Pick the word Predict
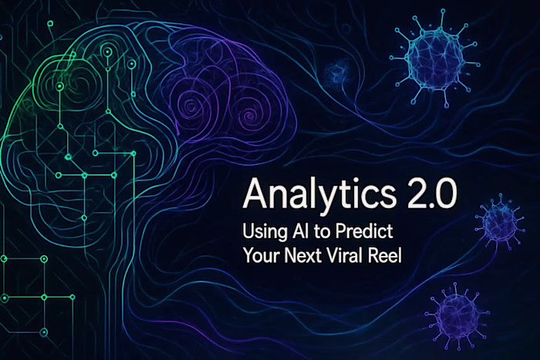tap(356, 230)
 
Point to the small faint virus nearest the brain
tap(336, 74)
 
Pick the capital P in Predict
tap(336, 230)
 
